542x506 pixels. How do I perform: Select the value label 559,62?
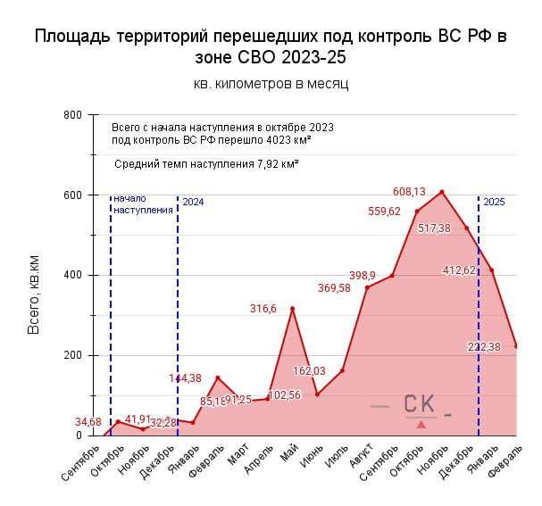click(x=384, y=212)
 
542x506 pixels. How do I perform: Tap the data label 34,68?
click(x=88, y=421)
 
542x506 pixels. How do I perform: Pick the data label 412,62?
click(x=459, y=270)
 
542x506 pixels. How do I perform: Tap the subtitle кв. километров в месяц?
click(x=271, y=84)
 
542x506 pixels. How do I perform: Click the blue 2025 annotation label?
click(x=494, y=203)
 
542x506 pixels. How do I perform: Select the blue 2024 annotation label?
click(x=193, y=203)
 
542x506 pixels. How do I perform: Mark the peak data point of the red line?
click(x=442, y=192)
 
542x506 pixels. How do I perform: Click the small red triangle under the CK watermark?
click(x=421, y=424)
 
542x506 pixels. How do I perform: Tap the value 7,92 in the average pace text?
click(x=267, y=164)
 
